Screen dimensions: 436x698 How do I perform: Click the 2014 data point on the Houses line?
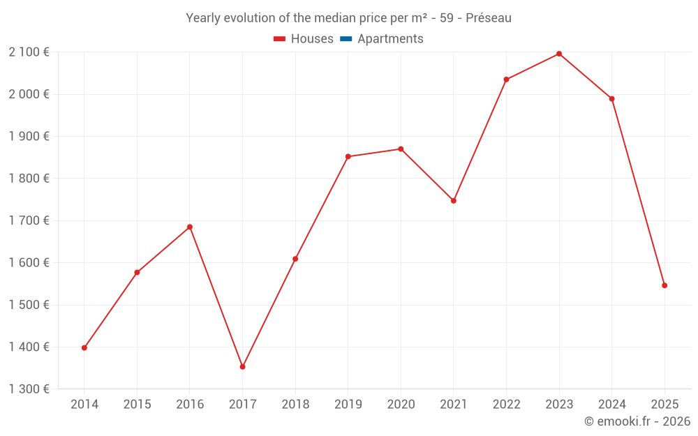pos(84,347)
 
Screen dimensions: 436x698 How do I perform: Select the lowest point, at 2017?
pos(242,366)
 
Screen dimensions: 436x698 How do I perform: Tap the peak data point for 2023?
pos(559,54)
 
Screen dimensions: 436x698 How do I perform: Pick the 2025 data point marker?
pos(664,285)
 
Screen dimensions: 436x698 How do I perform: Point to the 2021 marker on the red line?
pos(454,201)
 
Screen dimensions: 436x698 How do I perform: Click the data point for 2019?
pos(348,156)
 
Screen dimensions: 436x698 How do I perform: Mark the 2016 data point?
pos(190,227)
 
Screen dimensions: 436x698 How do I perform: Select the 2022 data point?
pos(506,80)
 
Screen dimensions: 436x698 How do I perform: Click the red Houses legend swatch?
pos(280,39)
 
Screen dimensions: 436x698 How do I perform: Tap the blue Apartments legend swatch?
pos(346,39)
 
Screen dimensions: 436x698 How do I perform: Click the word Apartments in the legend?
pos(390,39)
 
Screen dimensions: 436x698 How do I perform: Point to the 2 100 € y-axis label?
pos(29,52)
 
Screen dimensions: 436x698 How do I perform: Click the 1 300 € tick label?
pos(29,389)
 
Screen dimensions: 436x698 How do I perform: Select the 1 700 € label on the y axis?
pos(29,220)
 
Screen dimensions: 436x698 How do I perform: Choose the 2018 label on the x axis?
pos(295,405)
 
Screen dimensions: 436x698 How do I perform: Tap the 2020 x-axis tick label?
pos(401,405)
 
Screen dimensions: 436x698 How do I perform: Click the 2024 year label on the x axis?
pos(611,405)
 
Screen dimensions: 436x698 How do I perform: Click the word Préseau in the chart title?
pos(489,18)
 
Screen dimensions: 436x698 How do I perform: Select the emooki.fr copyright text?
pos(637,421)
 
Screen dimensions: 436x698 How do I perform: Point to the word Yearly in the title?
pos(202,18)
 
